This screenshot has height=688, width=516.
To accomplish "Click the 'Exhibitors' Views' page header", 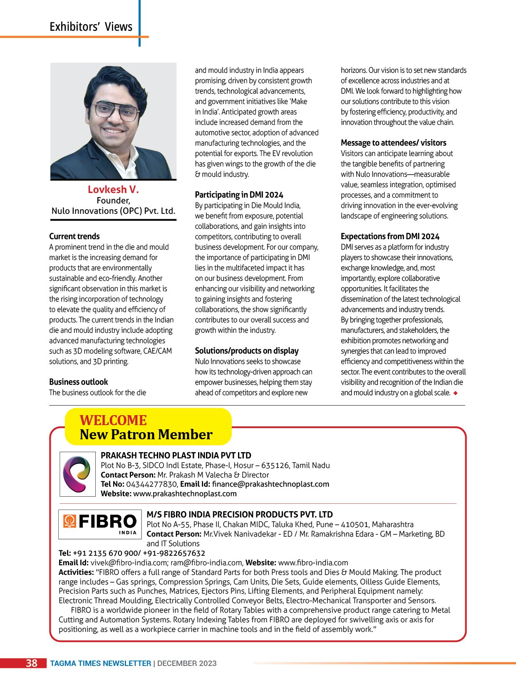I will click(91, 27).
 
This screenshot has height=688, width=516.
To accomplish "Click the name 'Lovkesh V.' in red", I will click(113, 190).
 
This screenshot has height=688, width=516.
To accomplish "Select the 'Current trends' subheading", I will click(74, 236).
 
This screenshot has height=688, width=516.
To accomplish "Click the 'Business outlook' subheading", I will click(78, 382).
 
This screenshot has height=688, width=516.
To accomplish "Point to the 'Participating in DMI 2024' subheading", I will click(239, 195).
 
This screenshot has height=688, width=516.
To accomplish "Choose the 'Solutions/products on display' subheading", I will click(247, 351).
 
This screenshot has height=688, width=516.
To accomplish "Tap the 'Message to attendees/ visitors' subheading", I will click(393, 143).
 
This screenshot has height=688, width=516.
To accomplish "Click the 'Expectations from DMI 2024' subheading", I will click(390, 236).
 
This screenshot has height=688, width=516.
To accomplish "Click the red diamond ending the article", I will click(456, 393).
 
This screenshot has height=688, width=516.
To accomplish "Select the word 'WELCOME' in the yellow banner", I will click(113, 420).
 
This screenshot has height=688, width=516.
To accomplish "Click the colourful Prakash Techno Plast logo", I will click(77, 474).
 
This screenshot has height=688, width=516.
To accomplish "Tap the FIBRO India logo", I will click(100, 524).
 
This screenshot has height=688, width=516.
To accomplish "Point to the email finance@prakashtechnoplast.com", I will click(270, 484).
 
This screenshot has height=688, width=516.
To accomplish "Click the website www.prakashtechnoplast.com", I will click(185, 494).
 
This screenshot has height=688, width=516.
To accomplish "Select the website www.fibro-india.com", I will click(313, 563).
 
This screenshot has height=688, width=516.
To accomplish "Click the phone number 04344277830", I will click(151, 484).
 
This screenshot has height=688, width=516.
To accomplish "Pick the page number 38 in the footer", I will click(32, 663).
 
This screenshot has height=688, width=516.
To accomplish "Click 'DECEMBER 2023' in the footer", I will click(187, 663).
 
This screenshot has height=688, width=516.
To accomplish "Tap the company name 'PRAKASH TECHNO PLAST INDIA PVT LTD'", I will click(176, 455).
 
